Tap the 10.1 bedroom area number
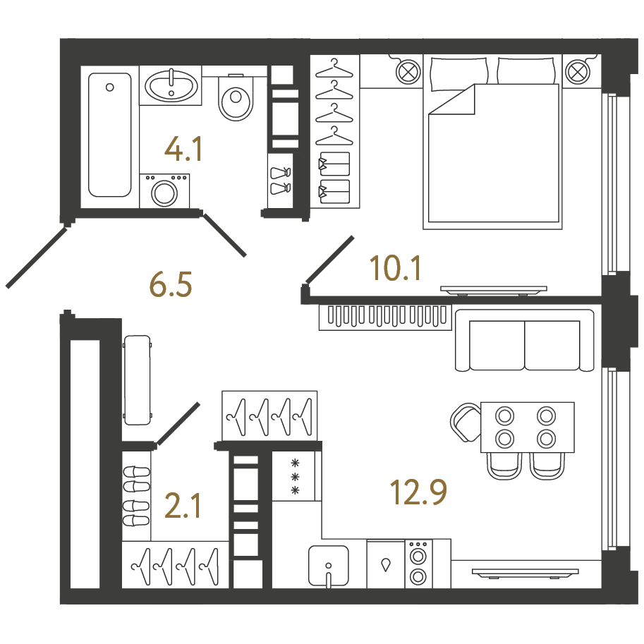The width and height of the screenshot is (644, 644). click(395, 268)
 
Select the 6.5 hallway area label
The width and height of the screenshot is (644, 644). click(171, 284)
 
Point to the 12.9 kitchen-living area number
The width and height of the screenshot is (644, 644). click(418, 492)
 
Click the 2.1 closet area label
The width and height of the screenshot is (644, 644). click(183, 506)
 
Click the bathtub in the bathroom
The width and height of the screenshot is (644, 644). click(109, 135)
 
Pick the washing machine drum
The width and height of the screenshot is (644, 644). click(164, 193)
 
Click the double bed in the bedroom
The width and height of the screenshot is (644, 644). click(493, 142)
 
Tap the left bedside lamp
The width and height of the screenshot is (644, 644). click(408, 72)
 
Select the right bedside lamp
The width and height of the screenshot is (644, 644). click(578, 72)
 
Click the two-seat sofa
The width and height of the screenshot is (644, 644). click(525, 341)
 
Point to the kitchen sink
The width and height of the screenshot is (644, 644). click(329, 566)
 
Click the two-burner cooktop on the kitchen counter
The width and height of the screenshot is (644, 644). click(418, 564)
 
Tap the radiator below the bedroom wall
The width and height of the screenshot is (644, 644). click(385, 317)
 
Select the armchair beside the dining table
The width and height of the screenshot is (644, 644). click(466, 423)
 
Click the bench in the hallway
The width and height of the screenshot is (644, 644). click(137, 380)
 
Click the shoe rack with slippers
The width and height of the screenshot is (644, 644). click(136, 496)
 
